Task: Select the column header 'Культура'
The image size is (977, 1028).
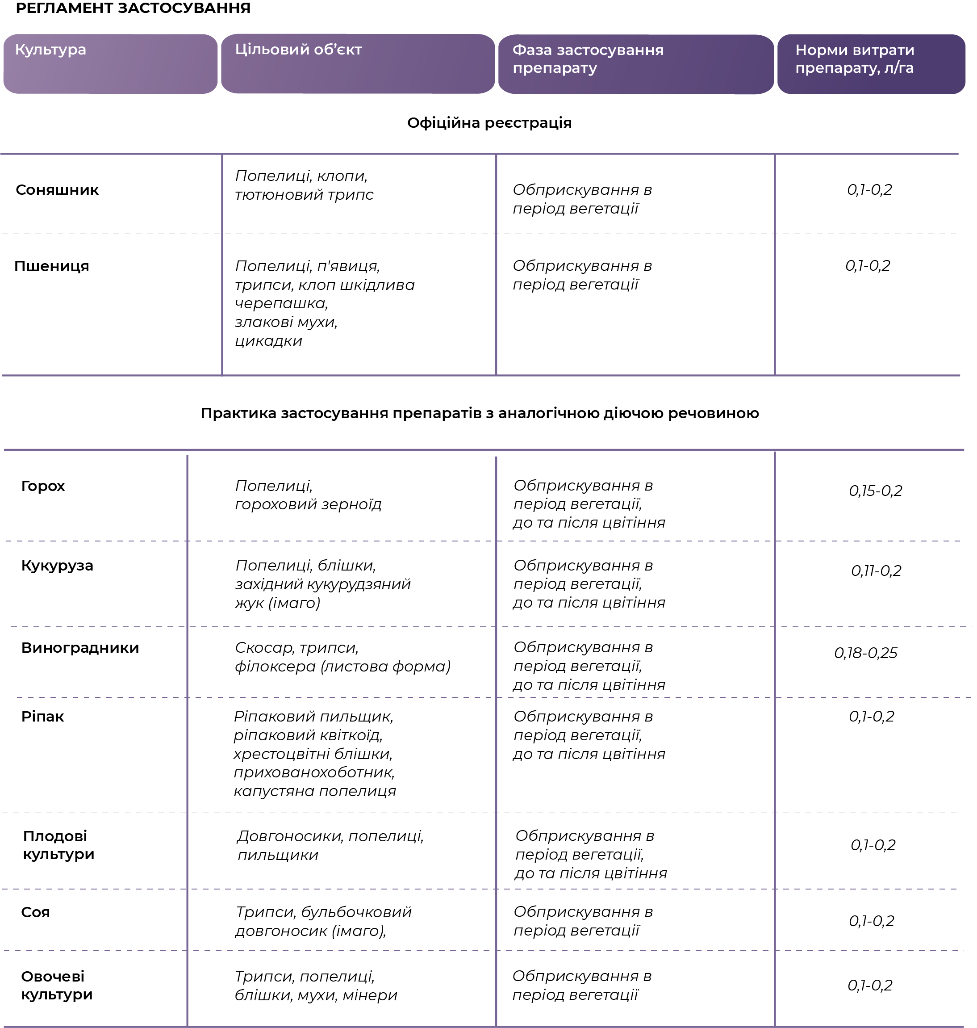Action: (x=50, y=50)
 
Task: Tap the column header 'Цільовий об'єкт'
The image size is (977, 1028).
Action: (x=298, y=50)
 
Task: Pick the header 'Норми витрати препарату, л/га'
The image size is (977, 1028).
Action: (x=854, y=59)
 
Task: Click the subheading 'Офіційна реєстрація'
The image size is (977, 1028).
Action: (x=489, y=123)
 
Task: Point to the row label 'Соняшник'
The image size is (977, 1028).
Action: (x=57, y=190)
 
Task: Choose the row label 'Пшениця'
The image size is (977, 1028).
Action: (x=51, y=266)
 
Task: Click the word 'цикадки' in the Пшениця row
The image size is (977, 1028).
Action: (x=268, y=341)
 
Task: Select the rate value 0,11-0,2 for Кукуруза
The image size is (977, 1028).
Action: (x=876, y=571)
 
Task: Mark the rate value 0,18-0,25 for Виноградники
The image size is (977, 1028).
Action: (x=865, y=653)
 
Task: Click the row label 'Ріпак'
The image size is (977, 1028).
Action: (x=43, y=717)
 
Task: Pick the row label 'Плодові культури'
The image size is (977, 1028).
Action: (x=58, y=845)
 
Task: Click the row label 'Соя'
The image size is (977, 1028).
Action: (x=35, y=912)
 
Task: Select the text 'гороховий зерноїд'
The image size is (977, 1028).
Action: (x=308, y=504)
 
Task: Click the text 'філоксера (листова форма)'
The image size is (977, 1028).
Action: (x=342, y=667)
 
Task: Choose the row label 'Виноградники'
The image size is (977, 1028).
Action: (x=80, y=648)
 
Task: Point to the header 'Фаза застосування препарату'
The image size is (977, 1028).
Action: (x=588, y=59)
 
